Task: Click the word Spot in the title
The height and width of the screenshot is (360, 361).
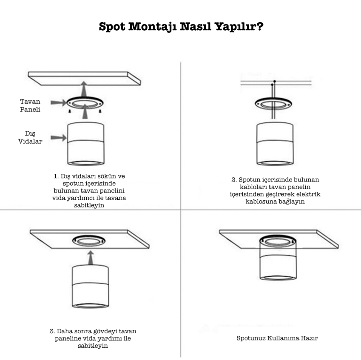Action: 112,27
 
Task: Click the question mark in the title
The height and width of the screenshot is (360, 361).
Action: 260,26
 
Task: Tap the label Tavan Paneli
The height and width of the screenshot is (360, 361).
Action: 30,105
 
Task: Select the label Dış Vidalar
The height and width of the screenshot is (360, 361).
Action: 30,137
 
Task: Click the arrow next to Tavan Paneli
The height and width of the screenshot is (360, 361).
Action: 59,102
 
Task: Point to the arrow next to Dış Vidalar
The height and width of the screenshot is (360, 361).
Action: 59,138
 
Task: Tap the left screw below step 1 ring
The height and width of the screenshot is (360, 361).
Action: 70,111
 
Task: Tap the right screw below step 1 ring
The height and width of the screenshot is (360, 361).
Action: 100,111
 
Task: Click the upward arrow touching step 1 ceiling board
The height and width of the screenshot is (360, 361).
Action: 84,89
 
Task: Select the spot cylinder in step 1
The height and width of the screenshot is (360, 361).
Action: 85,144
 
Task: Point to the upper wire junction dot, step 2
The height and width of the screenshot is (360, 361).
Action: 274,81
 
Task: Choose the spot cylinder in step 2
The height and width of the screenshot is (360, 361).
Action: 275,144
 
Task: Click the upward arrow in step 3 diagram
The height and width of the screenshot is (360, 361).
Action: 91,258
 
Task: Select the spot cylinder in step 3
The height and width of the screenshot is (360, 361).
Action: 91,286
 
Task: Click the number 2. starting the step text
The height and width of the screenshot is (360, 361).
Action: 234,180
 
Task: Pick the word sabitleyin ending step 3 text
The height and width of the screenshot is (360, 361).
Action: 93,346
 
